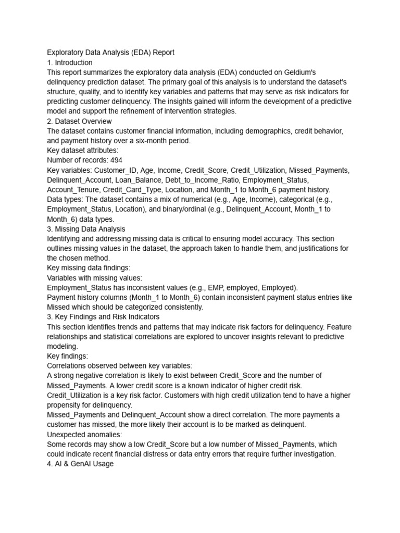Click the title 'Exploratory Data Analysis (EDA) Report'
[110, 53]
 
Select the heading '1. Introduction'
[70, 62]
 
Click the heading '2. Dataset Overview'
[79, 121]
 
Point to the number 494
[116, 160]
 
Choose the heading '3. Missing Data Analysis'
[86, 229]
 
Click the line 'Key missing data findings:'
[89, 268]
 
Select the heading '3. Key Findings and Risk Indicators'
[103, 316]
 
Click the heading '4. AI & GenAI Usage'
[80, 463]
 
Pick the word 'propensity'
[64, 405]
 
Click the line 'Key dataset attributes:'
[83, 150]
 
